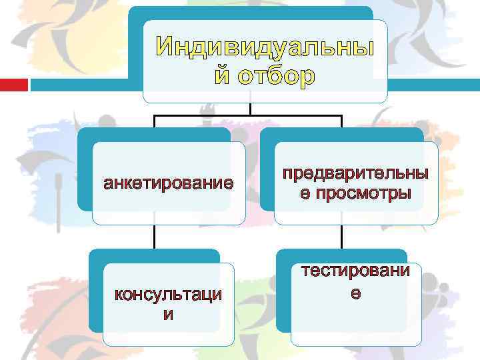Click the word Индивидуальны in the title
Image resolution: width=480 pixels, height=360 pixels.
tap(265, 48)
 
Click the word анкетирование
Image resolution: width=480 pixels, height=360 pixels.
tap(169, 183)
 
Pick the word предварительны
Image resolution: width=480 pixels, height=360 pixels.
tap(355, 174)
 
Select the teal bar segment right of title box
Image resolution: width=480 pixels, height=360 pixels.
tap(433, 85)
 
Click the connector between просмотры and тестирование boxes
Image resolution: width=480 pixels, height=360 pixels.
tap(341, 236)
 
